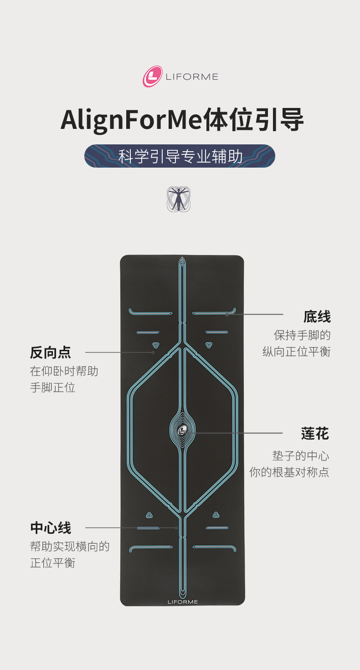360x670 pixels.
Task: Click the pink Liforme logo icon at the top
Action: coord(153,77)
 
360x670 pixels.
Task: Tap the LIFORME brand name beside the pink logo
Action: coord(192,77)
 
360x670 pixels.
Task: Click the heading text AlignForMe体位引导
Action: coord(182,120)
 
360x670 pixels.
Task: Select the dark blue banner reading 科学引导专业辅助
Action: coord(180,156)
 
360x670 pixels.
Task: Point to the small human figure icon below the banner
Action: coord(178,199)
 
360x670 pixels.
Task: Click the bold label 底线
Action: coord(317,317)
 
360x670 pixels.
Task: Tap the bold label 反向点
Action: coord(51,352)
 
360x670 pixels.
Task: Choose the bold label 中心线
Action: coord(51,528)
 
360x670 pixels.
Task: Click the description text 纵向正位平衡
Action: coord(296,352)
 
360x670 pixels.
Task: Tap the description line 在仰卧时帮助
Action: coord(64,371)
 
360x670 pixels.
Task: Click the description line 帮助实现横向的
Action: coord(70,546)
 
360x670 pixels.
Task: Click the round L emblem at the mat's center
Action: coord(182,429)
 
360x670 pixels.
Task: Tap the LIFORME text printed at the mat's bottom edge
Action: coord(183,602)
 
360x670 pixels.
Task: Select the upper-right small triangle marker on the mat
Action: coord(209,345)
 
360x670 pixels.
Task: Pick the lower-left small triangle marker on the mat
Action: coord(149,515)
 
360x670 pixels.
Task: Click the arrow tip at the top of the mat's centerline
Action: coord(182,260)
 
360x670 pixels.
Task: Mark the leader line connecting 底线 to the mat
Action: coord(255,314)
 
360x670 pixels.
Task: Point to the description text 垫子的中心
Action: coord(301,455)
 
